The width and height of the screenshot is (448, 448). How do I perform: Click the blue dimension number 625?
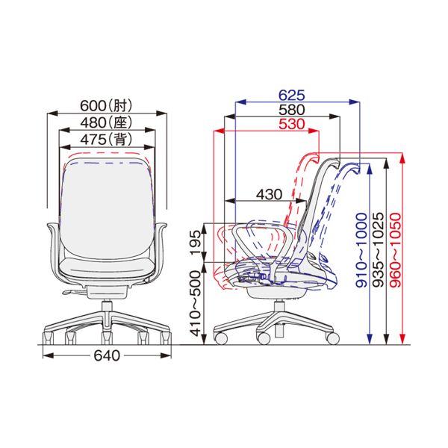(292, 95)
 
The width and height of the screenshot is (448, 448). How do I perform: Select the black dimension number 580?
(292, 110)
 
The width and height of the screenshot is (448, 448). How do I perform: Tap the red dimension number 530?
(292, 124)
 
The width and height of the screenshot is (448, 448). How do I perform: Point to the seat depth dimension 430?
(269, 195)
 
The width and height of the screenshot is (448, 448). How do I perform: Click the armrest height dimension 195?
(196, 242)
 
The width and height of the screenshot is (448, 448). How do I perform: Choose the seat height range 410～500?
(196, 303)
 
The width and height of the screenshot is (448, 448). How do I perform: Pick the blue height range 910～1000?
(361, 250)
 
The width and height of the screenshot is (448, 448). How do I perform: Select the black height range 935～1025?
(379, 250)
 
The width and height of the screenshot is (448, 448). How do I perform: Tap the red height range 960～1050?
(396, 250)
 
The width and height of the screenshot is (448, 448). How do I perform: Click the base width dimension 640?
(107, 355)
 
